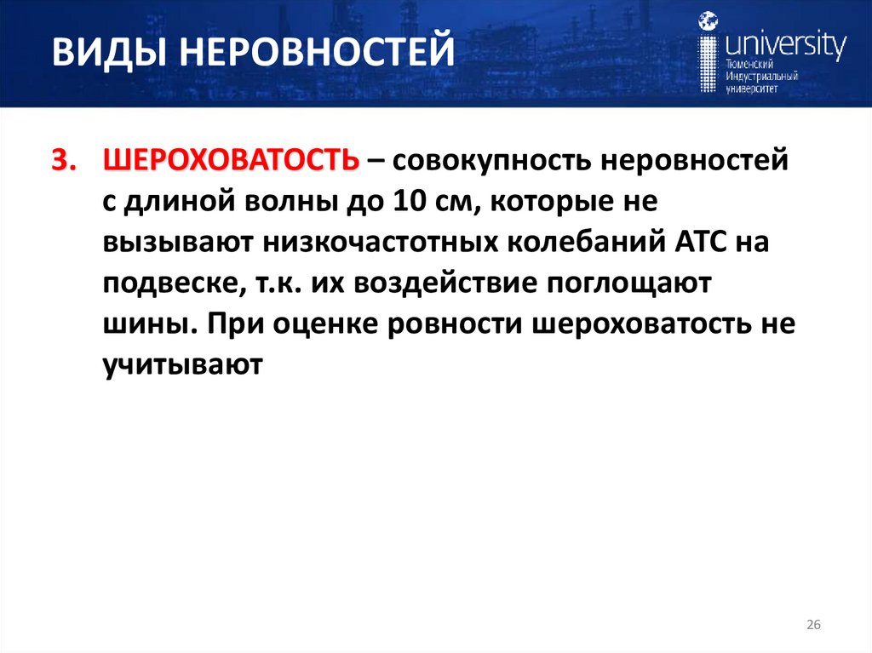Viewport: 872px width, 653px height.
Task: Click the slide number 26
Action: pyautogui.click(x=812, y=626)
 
